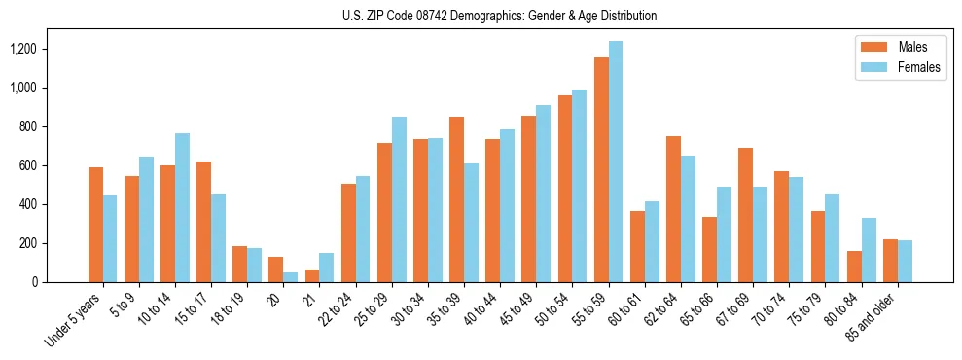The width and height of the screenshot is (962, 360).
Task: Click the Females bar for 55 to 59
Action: (616, 162)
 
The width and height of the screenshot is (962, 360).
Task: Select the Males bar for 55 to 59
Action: (601, 170)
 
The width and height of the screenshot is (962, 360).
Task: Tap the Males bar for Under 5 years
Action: (95, 225)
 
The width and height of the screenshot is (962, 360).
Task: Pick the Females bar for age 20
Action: (291, 277)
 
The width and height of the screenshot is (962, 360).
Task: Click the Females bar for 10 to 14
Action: (183, 208)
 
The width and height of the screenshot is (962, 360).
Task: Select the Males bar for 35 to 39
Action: (456, 199)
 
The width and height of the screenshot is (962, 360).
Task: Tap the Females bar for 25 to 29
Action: (399, 199)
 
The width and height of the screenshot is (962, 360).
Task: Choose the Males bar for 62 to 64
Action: (673, 209)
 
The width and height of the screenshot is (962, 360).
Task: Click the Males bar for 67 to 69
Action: (745, 215)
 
